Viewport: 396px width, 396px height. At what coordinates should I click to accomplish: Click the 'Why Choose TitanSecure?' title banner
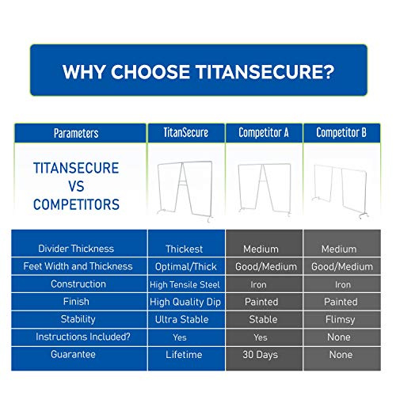coord(199,70)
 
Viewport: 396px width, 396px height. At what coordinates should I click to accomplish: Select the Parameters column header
coord(80,133)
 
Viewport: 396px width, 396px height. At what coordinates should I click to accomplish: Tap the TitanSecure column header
coord(186,133)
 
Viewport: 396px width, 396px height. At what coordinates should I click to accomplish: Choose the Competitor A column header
coord(264,133)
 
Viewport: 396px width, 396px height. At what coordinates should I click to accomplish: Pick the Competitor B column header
coord(341,133)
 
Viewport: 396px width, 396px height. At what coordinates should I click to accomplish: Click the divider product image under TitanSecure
coord(185,191)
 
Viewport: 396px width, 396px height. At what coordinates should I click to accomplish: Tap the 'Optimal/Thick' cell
coord(186,266)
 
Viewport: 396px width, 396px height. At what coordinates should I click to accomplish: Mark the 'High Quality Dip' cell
coord(186,302)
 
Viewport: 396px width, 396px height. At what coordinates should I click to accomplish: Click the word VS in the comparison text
coord(76,186)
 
